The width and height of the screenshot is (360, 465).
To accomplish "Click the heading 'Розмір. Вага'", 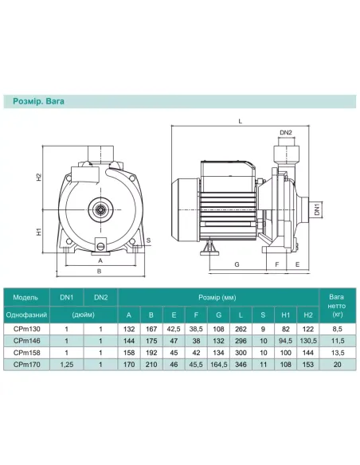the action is pos(38,101).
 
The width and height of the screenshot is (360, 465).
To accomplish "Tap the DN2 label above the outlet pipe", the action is pos(286,132).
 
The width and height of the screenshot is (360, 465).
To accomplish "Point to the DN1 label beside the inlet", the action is pos(317,209).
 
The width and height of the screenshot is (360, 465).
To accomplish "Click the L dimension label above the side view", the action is pos(241,121).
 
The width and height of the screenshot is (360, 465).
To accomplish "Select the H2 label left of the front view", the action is pos(38,177).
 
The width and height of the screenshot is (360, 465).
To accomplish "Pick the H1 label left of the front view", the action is pos(38,232).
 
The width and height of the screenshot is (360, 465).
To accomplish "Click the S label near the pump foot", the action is pos(149,240).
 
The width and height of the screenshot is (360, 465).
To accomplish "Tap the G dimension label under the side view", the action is pos(237,264).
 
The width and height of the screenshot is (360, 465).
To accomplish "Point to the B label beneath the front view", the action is pos(100,271).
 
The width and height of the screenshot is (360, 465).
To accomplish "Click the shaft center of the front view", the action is pos(100,209).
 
